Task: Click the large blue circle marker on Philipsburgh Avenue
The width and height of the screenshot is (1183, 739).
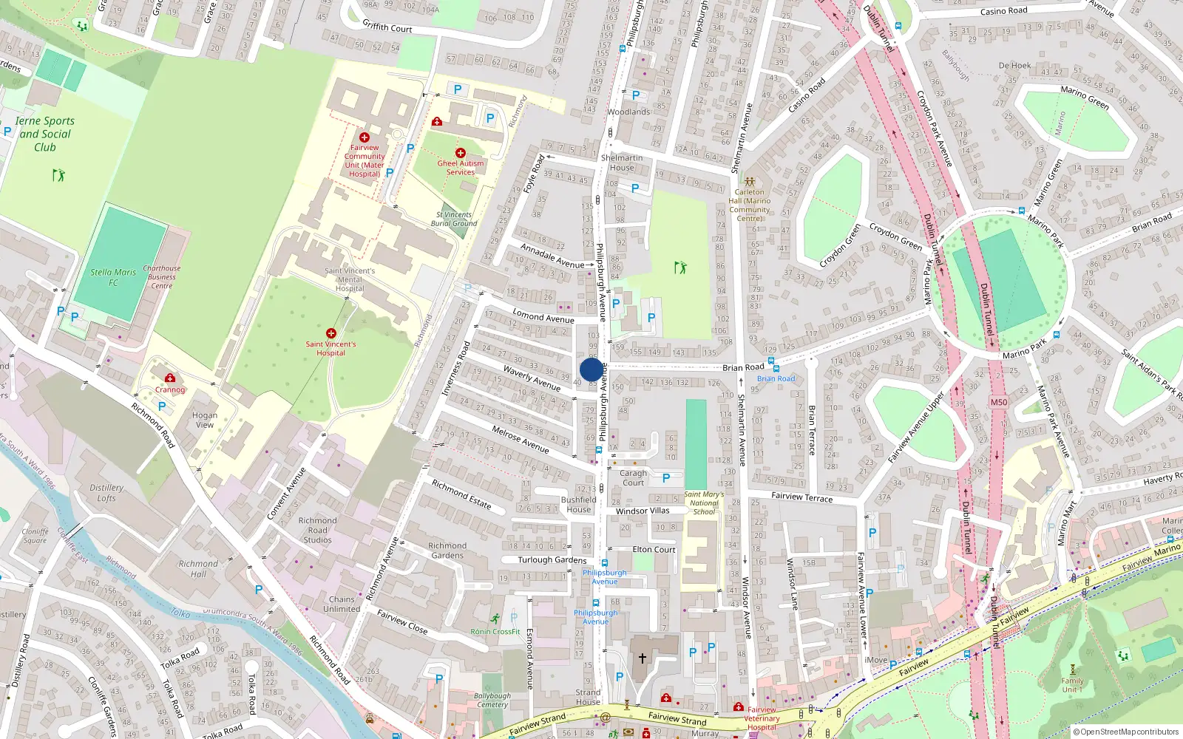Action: (591, 369)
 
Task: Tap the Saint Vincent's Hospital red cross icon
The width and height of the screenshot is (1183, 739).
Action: (331, 333)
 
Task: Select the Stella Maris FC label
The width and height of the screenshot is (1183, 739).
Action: (113, 277)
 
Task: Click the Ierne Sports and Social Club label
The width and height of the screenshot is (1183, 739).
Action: (45, 134)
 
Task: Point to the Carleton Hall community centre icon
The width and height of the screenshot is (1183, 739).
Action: (749, 181)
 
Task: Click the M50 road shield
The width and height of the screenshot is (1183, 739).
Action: (998, 402)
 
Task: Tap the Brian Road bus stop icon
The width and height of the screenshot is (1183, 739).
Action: (772, 367)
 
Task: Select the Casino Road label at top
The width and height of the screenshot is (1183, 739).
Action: (1003, 11)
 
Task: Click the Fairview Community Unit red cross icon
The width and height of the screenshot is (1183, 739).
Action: (364, 137)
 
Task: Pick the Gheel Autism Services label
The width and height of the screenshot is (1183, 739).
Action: (460, 168)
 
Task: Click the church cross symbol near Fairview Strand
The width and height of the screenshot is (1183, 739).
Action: (642, 658)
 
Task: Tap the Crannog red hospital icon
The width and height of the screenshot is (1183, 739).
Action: (170, 378)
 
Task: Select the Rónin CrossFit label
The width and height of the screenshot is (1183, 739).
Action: (495, 631)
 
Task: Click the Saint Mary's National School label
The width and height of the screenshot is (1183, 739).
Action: (704, 503)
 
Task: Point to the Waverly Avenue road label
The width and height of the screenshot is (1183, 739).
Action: (532, 377)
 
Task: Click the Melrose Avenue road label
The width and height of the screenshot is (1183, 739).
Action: (521, 439)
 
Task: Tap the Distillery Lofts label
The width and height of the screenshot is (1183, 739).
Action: (106, 493)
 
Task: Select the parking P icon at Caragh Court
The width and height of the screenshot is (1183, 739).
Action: (666, 478)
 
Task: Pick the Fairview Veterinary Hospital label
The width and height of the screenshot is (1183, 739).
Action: (762, 718)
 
